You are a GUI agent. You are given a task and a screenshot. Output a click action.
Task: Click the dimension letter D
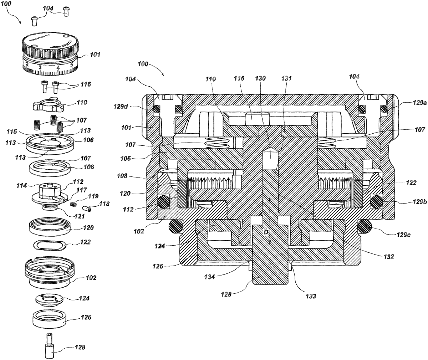[x=265, y=232]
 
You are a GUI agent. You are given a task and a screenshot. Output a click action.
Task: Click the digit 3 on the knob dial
[x=41, y=68]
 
